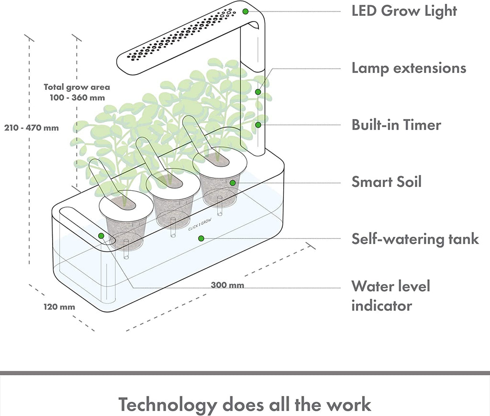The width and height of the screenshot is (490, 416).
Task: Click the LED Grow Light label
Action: [404, 11]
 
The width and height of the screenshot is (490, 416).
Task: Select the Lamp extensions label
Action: [409, 68]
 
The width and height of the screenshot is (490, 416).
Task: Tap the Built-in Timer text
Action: [396, 125]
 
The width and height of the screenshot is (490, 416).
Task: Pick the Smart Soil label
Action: [387, 182]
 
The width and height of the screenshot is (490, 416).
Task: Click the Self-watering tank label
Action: [415, 238]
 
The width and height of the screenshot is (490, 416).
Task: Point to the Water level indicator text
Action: [390, 296]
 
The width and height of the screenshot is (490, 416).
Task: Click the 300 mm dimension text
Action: [227, 285]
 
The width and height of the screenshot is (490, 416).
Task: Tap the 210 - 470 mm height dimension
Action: [32, 128]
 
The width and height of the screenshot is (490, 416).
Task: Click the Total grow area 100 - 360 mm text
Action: [77, 92]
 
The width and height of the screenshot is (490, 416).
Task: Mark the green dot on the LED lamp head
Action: [245, 11]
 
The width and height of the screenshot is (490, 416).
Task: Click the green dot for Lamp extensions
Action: [258, 92]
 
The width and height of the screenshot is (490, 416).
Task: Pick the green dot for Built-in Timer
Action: [258, 125]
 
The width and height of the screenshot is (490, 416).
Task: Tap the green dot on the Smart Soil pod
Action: [233, 182]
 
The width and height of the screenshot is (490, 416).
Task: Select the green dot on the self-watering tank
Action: [201, 238]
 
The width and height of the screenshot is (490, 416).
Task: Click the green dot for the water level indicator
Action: [101, 236]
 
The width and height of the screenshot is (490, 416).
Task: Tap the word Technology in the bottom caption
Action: [167, 404]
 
